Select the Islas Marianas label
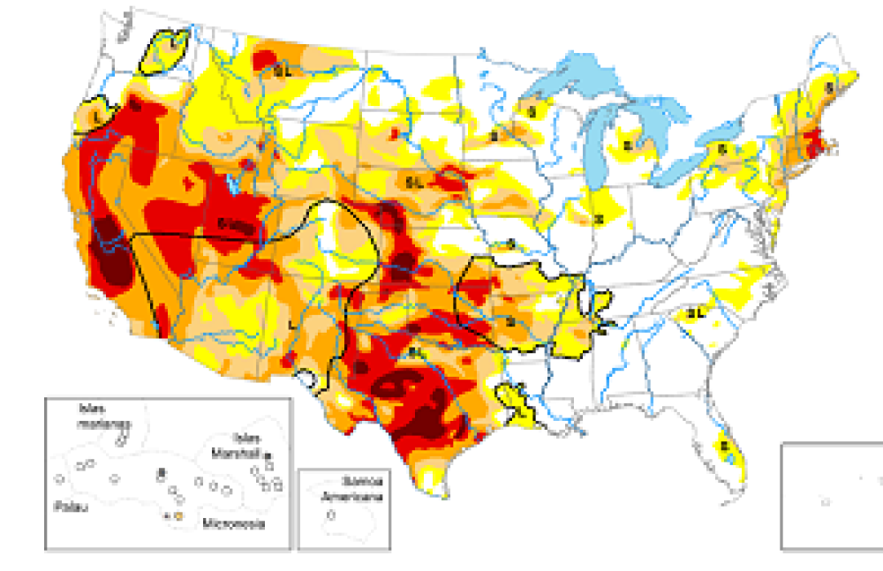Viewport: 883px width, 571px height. (x=98, y=417)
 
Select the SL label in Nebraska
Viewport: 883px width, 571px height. (x=415, y=182)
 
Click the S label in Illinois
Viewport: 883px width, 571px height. (x=598, y=218)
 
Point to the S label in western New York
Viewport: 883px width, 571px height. (x=721, y=150)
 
